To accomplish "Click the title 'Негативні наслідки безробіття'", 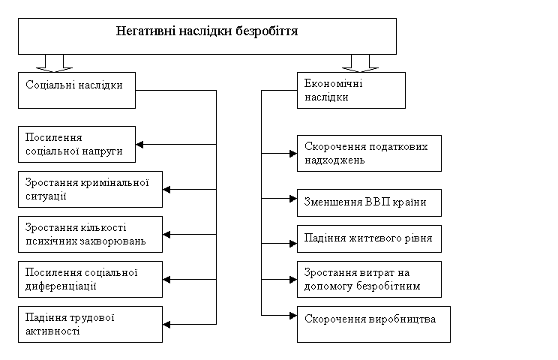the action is pos(207,31).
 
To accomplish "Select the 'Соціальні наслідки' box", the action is pos(76,90).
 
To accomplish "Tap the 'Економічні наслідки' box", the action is pos(351,90).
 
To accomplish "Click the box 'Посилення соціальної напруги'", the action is pos(76,145).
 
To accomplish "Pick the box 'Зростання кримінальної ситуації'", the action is pos(91,189).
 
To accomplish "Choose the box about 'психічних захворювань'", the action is pos(91,235).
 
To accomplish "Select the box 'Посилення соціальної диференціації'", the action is pos(91,279).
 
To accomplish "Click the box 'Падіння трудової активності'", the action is pos(91,325).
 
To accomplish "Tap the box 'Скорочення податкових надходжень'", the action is pos(370,153).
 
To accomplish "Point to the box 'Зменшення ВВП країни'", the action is pos(370,202).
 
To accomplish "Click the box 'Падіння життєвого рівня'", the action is pos(370,238).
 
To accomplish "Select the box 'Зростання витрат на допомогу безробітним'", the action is pos(370,279).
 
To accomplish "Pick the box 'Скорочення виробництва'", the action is pos(373,325).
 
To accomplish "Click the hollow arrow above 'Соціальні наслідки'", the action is pos(55,64).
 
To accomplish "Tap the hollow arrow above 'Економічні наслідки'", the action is pos(361,64).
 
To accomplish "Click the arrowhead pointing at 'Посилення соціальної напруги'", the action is pos(139,145).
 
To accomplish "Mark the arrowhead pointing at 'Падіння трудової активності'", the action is pos(166,325).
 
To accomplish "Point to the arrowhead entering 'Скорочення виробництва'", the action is pos(293,316).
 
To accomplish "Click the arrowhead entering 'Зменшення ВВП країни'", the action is pos(293,199).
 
